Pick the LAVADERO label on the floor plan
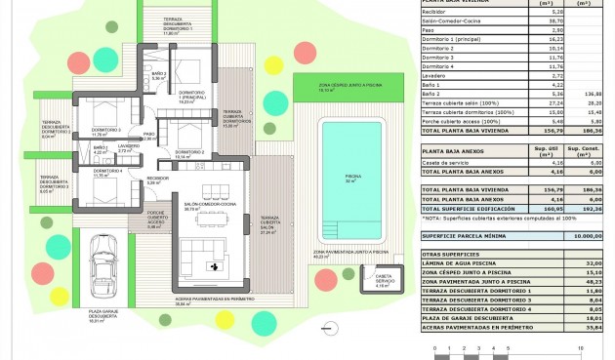coord(129,146)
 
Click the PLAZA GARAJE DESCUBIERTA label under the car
coord(102,316)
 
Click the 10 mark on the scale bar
coord(581,346)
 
